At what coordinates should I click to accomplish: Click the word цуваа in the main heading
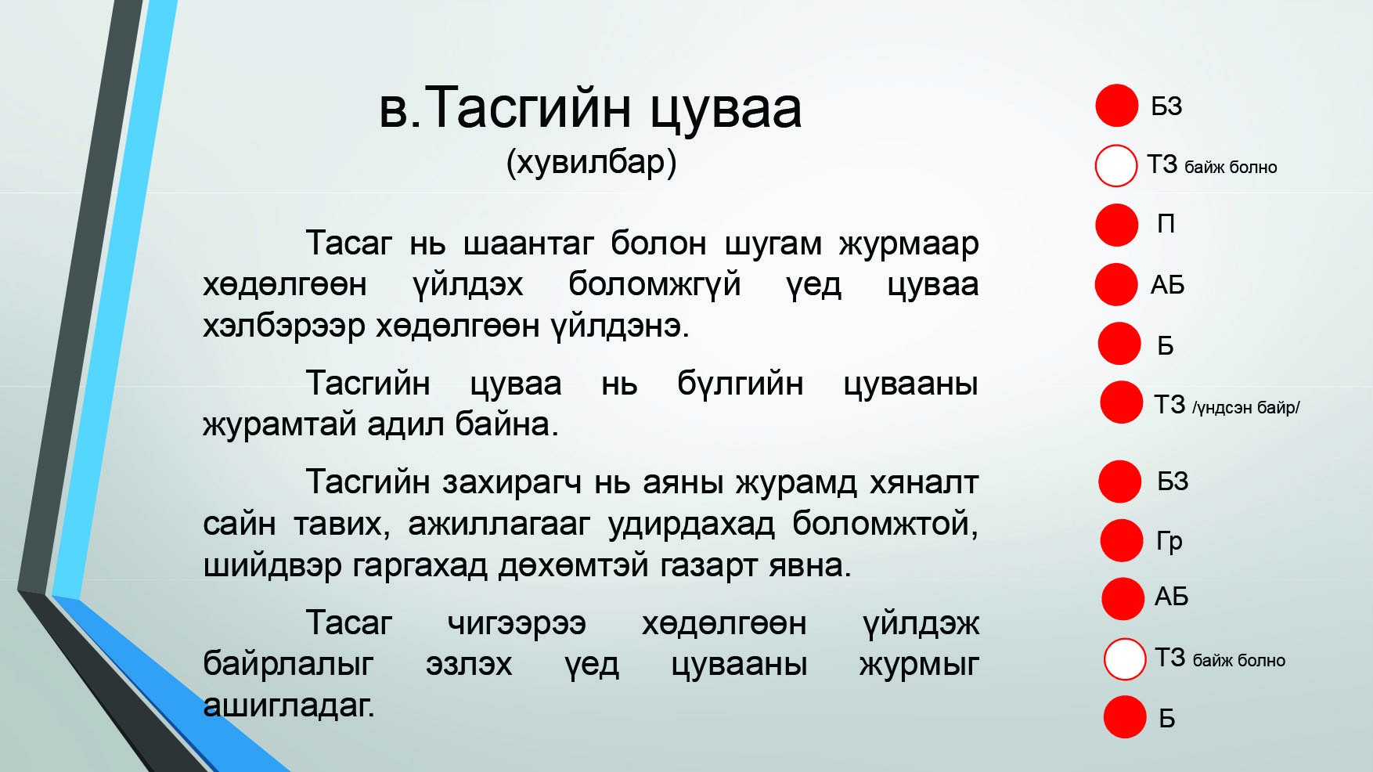point(726,110)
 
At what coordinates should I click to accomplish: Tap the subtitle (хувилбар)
point(591,163)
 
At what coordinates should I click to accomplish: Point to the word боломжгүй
point(654,284)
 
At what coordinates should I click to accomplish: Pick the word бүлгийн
point(740,384)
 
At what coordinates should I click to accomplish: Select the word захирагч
point(512,482)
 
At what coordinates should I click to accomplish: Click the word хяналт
point(924,483)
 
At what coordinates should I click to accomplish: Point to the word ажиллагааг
point(499,524)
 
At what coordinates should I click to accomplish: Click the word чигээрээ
point(517,624)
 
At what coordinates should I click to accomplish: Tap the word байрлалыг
point(288,665)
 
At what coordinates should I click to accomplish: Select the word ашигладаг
point(288,705)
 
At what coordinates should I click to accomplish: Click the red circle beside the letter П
point(1116,225)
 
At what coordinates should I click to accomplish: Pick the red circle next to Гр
point(1122,540)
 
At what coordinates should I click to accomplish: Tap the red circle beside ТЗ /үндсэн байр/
point(1121,402)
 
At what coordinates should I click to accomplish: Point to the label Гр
point(1169,541)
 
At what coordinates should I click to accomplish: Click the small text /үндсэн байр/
point(1246,407)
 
